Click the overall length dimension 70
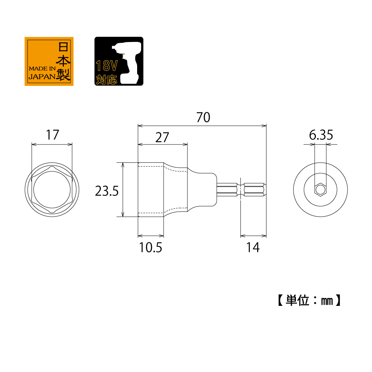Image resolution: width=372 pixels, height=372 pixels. (x=203, y=117)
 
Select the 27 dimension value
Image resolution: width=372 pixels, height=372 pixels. (x=162, y=138)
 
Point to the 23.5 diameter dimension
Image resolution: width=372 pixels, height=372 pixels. (x=107, y=191)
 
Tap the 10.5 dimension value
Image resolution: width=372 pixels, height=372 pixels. (x=151, y=248)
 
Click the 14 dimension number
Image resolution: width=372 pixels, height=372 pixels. (x=253, y=248)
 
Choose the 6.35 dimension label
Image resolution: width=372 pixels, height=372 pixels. (x=321, y=135)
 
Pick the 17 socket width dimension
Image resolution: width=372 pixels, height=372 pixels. (x=52, y=135)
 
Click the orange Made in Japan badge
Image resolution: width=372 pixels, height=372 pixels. (x=49, y=61)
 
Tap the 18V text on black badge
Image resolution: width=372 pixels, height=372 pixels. (x=107, y=66)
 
